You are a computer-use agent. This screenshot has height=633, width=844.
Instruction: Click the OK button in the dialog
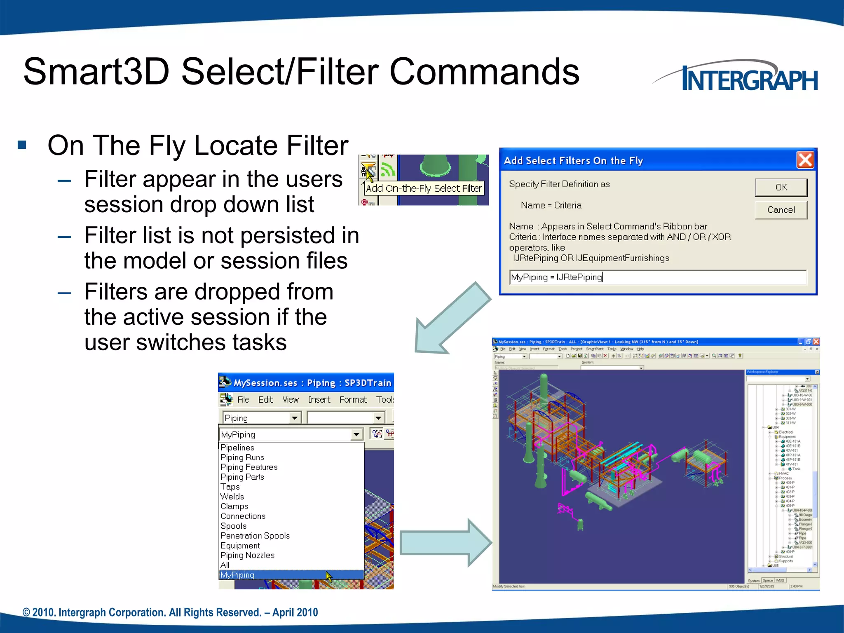pos(781,188)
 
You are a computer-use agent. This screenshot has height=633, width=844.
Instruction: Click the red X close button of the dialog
pos(805,160)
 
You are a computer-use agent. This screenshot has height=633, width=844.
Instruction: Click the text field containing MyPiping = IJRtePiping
pos(658,277)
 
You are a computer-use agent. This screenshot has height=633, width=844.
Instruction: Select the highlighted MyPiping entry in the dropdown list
pos(291,575)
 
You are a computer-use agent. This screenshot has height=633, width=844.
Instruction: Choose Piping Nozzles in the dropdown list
pos(247,555)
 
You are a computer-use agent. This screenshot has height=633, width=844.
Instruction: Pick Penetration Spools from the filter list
pos(255,536)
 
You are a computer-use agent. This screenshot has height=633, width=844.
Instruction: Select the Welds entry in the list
pos(232,497)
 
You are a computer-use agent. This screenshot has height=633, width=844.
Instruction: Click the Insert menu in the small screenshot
pos(319,400)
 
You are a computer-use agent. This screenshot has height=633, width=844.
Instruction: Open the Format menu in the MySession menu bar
pos(353,400)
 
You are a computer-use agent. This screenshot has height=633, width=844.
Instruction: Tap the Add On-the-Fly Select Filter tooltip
pos(424,189)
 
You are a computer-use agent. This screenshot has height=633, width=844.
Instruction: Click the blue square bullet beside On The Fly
pos(22,145)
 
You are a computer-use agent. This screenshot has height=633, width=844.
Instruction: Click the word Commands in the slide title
pos(484,72)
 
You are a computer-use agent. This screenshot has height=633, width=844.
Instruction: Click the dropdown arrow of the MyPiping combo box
pos(356,434)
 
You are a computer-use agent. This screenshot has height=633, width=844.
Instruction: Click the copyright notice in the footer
pos(170,612)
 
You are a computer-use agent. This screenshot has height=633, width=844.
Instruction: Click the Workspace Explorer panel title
pos(762,372)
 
